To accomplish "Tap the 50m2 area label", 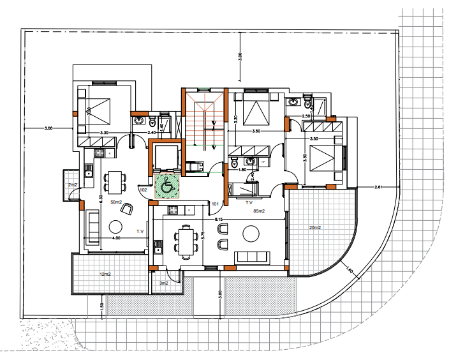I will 116,202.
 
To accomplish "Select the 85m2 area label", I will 260,211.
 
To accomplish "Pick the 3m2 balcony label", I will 163,283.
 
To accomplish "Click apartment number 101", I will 216,205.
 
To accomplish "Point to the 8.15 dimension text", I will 219,220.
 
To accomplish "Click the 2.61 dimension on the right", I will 378,186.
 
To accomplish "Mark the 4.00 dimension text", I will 117,238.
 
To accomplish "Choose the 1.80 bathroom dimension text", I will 242,170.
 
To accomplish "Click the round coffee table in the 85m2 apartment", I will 250,236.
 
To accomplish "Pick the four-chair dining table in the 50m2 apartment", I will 115,182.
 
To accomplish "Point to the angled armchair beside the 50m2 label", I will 128,207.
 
